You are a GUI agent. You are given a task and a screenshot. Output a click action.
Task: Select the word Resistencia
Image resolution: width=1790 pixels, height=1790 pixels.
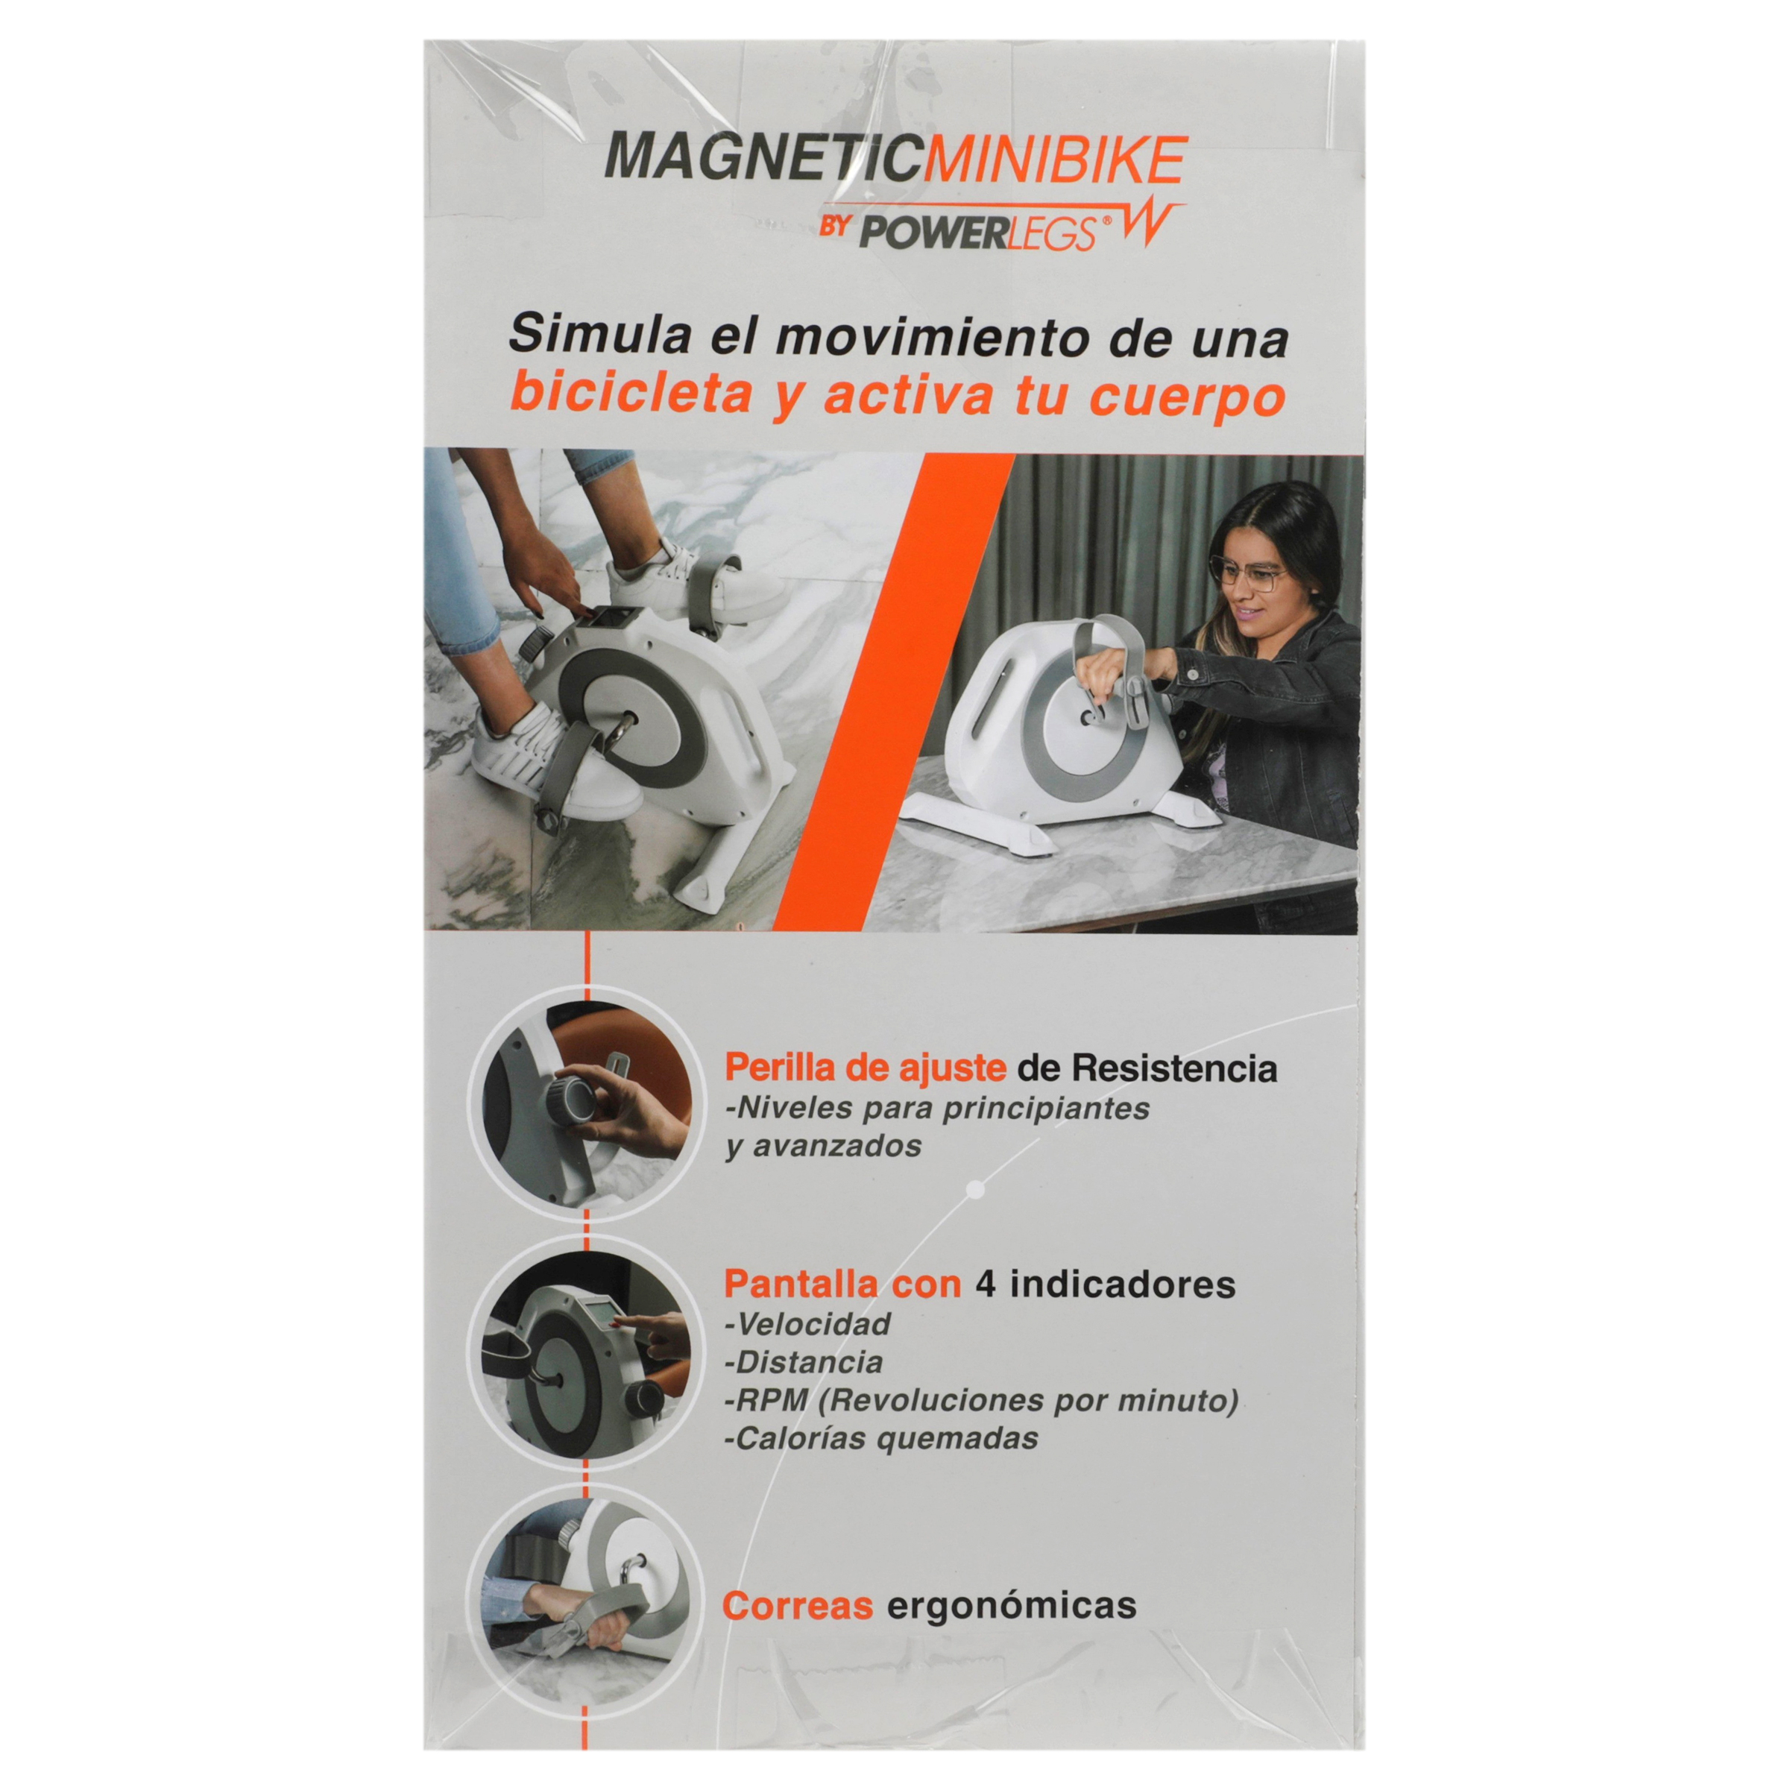[1174, 1069]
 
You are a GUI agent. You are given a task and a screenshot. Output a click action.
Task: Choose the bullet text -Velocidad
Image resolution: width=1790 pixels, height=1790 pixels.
[807, 1323]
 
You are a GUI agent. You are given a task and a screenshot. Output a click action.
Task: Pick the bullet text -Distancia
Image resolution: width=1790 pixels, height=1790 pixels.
[803, 1361]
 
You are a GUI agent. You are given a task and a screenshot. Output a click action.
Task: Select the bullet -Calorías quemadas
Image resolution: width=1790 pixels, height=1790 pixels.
[881, 1438]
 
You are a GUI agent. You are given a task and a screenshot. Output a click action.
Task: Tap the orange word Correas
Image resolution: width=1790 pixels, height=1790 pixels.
[798, 1606]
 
